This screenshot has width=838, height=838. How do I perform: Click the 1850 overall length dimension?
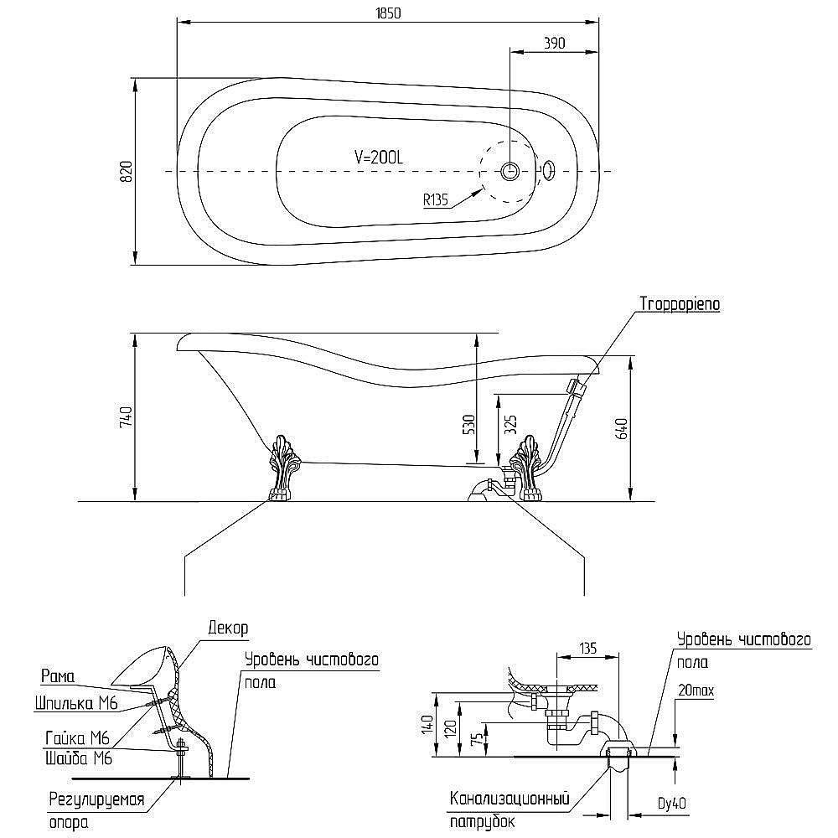[388, 13]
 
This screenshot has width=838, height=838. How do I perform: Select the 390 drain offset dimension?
[554, 44]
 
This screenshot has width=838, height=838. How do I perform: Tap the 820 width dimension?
[127, 171]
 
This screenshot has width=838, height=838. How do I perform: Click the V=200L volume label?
[379, 157]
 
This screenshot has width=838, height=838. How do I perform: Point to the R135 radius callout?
[436, 200]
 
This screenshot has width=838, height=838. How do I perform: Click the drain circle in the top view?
[510, 171]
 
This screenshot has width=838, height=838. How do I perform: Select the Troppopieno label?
[680, 304]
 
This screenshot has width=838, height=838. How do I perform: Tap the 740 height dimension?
[127, 416]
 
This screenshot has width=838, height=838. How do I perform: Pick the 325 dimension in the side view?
[511, 424]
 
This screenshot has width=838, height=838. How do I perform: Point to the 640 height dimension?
[622, 428]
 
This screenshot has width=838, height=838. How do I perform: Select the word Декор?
[228, 628]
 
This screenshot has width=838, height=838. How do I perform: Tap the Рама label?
[58, 676]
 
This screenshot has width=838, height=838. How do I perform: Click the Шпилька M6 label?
[76, 703]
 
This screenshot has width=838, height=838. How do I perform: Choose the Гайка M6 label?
[77, 738]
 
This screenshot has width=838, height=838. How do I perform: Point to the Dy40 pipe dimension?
[672, 804]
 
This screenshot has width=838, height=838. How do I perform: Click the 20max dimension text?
[696, 691]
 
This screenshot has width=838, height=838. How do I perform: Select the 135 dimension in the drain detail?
[587, 649]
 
